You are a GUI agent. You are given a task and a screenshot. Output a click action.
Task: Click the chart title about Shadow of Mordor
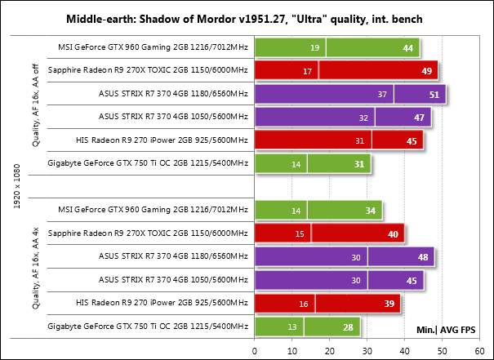(x=247, y=18)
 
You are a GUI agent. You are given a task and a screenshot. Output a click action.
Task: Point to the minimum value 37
(x=381, y=95)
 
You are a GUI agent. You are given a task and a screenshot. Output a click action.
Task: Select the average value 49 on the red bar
(x=425, y=71)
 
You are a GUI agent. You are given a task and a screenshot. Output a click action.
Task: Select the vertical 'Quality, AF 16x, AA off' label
(x=34, y=106)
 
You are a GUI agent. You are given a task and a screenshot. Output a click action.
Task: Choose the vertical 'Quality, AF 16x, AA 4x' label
(x=34, y=269)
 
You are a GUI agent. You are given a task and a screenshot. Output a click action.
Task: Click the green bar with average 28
(x=307, y=327)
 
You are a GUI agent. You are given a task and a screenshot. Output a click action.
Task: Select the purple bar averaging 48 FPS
(x=344, y=258)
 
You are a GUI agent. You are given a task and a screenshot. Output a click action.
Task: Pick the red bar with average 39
(x=327, y=304)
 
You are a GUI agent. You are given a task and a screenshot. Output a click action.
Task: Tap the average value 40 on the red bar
(x=393, y=234)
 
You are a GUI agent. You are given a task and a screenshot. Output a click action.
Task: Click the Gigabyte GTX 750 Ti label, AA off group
(x=149, y=164)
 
